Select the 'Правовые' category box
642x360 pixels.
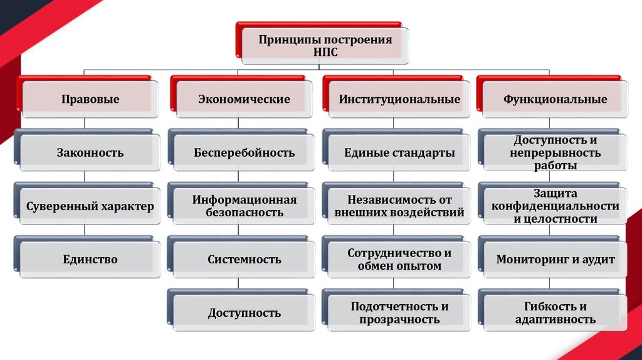(x=90, y=99)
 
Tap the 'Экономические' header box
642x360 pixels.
(x=244, y=99)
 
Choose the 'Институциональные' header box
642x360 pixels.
(x=399, y=99)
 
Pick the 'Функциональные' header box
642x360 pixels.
(x=555, y=99)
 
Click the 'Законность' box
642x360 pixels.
(x=90, y=152)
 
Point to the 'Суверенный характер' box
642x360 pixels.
(x=90, y=206)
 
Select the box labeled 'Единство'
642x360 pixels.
(x=90, y=259)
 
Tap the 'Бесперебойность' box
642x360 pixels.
(x=244, y=152)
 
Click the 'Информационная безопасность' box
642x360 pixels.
(x=244, y=206)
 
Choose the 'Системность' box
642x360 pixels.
(x=244, y=259)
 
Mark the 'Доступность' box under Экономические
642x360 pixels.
(x=244, y=312)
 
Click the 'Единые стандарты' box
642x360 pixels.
(x=399, y=152)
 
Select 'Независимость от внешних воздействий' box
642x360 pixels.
(x=399, y=206)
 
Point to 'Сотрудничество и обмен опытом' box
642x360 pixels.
(x=399, y=259)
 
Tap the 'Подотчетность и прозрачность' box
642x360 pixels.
(x=399, y=312)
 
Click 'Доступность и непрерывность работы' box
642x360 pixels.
(x=555, y=152)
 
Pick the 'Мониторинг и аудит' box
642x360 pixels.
(x=555, y=259)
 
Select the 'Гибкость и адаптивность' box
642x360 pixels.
(x=555, y=312)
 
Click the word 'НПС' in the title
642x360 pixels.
(x=325, y=53)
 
